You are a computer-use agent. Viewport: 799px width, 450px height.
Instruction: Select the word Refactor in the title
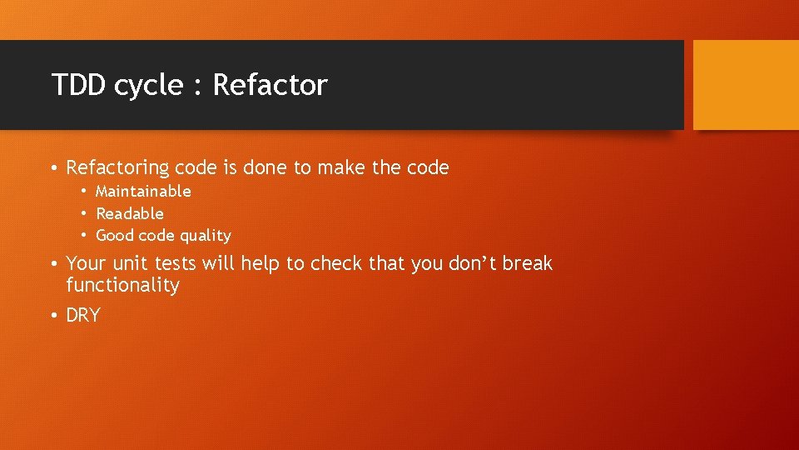click(270, 85)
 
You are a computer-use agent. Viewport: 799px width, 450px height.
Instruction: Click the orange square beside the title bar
click(745, 84)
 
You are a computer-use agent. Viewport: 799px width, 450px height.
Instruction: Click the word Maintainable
click(143, 192)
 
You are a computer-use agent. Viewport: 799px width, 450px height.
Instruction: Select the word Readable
click(130, 213)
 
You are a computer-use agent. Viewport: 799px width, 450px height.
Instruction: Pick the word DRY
click(82, 316)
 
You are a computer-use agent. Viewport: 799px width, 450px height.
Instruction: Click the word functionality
click(122, 286)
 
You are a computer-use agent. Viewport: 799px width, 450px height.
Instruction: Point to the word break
click(527, 264)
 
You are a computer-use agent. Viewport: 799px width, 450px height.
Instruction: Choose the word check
click(336, 264)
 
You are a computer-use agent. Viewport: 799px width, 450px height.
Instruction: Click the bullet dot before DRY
click(54, 316)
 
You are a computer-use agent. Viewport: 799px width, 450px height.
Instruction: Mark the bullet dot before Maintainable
click(84, 192)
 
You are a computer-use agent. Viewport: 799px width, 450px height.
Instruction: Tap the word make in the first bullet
click(340, 168)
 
